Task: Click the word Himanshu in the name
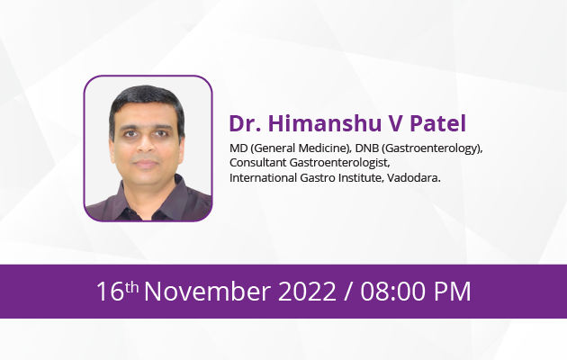click(324, 123)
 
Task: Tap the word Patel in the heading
click(437, 123)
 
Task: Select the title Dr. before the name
click(245, 123)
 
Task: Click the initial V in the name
click(395, 123)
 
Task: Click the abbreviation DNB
click(366, 148)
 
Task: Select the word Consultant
click(257, 163)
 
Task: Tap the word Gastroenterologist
click(339, 164)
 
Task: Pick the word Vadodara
click(414, 178)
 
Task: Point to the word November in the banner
click(208, 292)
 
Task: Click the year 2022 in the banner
click(307, 292)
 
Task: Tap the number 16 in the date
click(111, 292)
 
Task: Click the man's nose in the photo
click(146, 145)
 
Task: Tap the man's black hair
click(146, 101)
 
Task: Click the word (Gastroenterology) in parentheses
click(432, 148)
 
